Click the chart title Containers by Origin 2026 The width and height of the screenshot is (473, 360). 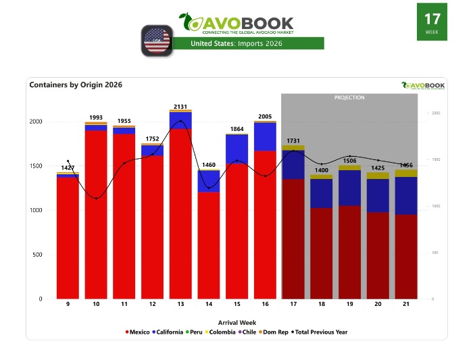(x=76, y=85)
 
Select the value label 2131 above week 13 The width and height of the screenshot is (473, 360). (x=180, y=107)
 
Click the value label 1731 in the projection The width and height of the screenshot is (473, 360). (x=293, y=141)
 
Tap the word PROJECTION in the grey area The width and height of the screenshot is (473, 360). (x=349, y=98)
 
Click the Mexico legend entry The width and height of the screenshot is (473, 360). (x=139, y=332)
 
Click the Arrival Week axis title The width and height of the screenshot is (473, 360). (x=236, y=322)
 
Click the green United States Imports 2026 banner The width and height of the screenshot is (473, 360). (x=248, y=43)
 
